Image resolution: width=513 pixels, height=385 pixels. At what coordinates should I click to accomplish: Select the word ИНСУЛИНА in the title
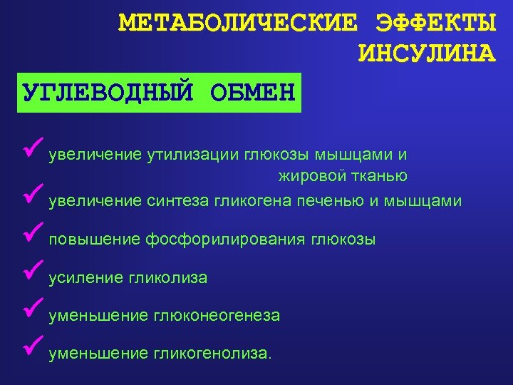[x=425, y=53]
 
